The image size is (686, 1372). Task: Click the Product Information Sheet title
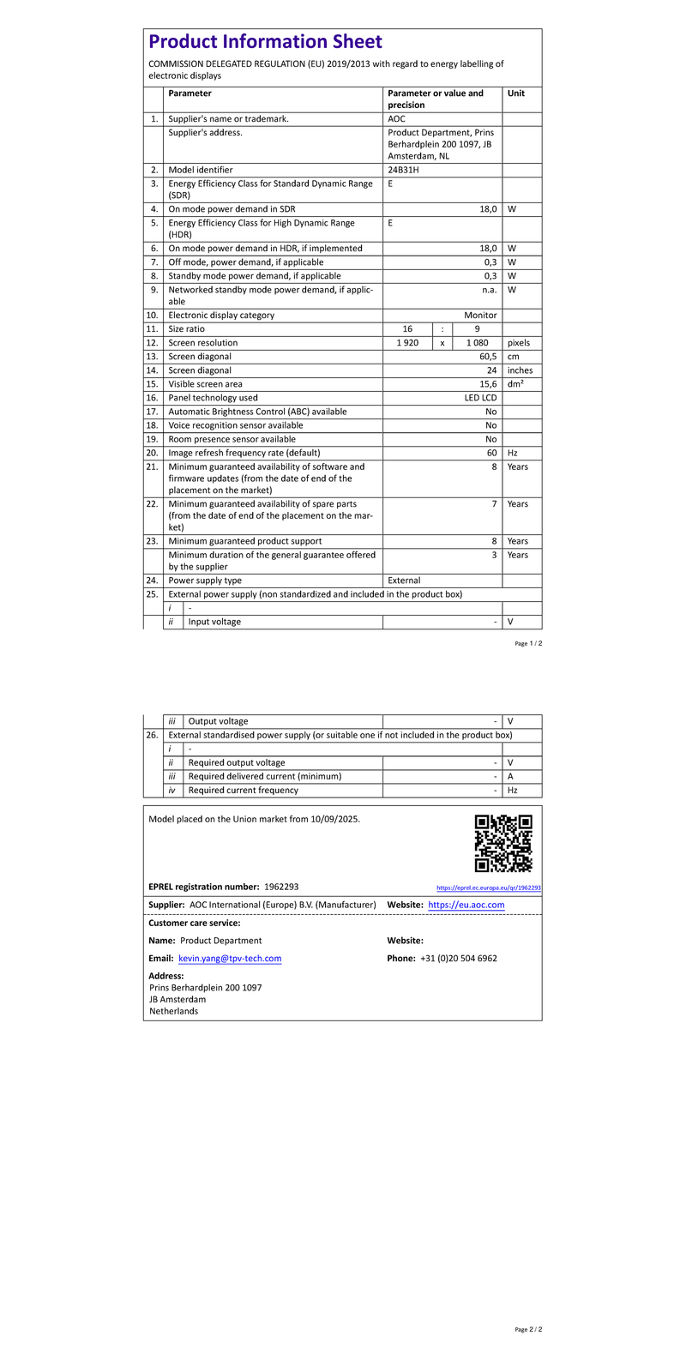(265, 42)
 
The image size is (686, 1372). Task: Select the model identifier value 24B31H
(403, 170)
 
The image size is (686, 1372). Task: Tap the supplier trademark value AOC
(396, 118)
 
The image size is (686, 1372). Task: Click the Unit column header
(515, 93)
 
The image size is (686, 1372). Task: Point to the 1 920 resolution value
(407, 343)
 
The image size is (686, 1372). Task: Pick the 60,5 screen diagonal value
(488, 357)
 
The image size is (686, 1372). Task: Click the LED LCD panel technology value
(480, 398)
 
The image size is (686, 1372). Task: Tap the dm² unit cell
(515, 384)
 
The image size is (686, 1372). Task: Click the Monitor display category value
(480, 316)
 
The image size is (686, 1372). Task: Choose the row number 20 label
(153, 453)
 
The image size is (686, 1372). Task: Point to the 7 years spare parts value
(494, 504)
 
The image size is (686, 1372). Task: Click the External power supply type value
(404, 581)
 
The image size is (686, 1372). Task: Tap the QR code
(503, 844)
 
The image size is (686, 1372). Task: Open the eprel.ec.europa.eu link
(488, 888)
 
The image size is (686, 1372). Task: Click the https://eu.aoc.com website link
(466, 905)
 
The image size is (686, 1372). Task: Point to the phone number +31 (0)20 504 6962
(459, 958)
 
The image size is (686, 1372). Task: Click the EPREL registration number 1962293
(281, 887)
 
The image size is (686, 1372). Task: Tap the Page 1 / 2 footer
(528, 643)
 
